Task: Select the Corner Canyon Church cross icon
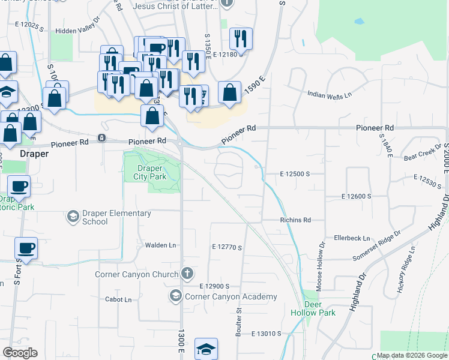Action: (187, 274)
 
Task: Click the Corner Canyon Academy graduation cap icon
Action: (175, 296)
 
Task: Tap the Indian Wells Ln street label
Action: (329, 95)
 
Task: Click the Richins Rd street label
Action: (295, 220)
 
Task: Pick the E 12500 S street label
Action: (294, 173)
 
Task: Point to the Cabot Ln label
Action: (118, 299)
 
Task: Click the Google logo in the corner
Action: (20, 353)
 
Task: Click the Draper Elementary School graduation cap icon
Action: (73, 216)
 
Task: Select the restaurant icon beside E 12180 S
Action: (241, 38)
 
